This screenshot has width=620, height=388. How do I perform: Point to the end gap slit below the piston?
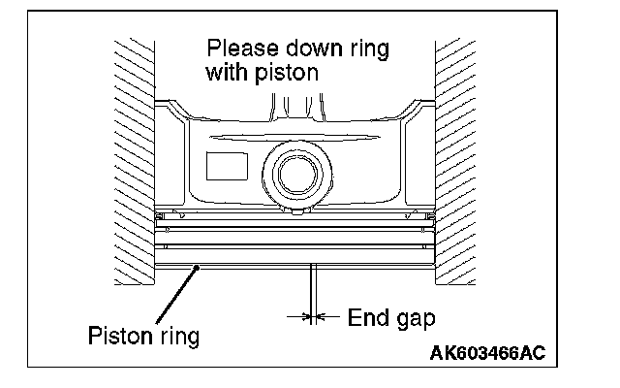click(x=310, y=286)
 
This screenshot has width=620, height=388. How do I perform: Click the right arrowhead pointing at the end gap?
click(x=319, y=316)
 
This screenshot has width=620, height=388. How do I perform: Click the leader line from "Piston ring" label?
click(x=174, y=296)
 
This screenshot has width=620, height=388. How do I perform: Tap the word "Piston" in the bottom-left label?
click(x=115, y=337)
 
